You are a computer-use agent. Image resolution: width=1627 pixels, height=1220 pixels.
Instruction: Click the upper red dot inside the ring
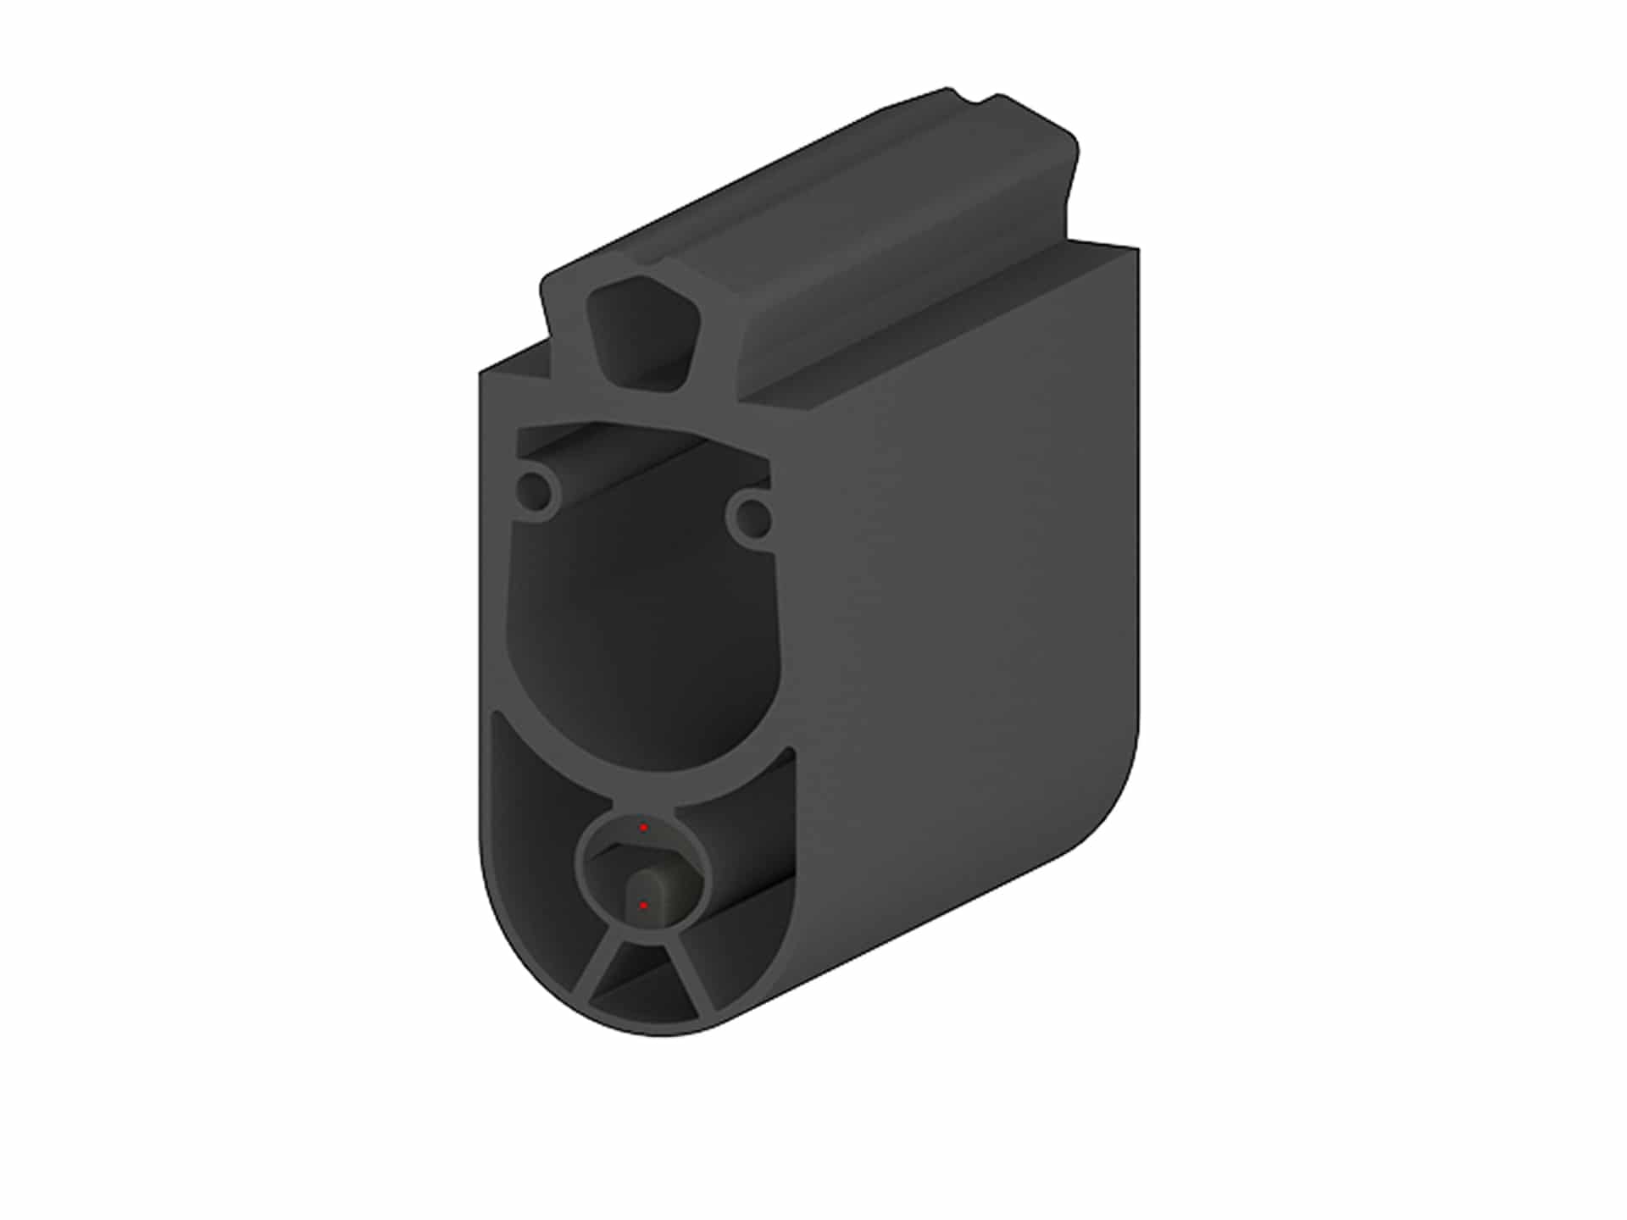[x=643, y=827]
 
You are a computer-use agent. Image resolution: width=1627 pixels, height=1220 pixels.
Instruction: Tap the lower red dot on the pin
[x=643, y=906]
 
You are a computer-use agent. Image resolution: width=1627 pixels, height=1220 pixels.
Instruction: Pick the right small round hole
[x=751, y=514]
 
